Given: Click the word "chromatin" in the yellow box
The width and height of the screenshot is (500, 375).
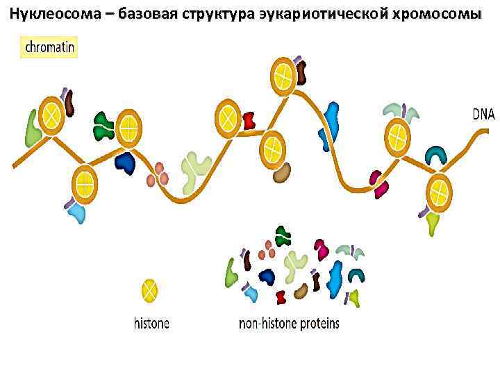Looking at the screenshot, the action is click(x=49, y=47).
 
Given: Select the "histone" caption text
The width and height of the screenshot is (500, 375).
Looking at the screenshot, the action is click(x=151, y=323).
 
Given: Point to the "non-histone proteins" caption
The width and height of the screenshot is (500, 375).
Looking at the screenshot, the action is click(x=289, y=323).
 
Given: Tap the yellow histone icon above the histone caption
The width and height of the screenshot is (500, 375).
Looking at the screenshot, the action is click(x=151, y=290).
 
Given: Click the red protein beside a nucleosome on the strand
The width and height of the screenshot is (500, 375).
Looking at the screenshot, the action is click(x=249, y=121).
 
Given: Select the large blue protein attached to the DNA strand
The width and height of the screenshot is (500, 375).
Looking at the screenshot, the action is click(x=333, y=120).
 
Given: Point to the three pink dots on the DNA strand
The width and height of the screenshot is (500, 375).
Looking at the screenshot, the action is click(x=158, y=174).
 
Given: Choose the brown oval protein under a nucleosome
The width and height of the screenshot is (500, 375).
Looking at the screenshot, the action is click(x=281, y=173).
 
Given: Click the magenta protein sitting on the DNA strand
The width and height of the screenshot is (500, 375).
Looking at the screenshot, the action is click(x=378, y=183).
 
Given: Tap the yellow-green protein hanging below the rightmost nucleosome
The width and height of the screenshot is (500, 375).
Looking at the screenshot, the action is click(x=433, y=223).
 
